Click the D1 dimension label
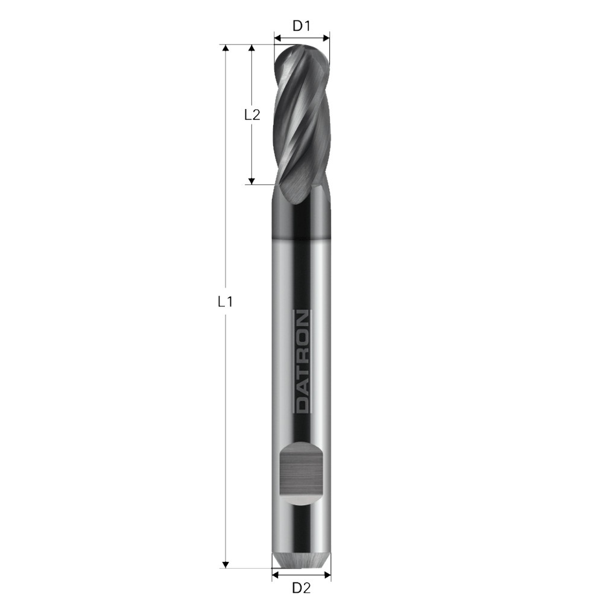coord(301,26)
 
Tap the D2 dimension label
coord(301,587)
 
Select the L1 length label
coord(225,302)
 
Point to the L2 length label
coord(252,114)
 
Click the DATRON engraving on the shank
coord(303,361)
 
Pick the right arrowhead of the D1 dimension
coord(326,38)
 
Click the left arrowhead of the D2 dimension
coord(276,575)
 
